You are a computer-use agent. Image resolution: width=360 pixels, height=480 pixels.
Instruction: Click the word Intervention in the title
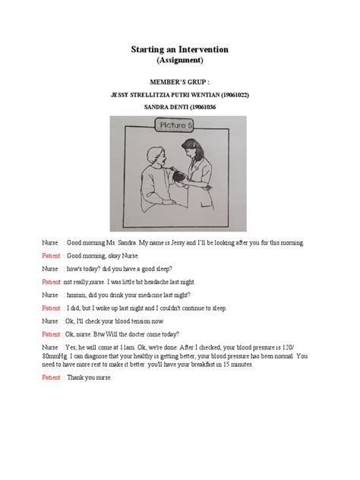point(200,49)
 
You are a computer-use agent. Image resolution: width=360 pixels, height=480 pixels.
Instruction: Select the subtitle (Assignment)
point(180,60)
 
